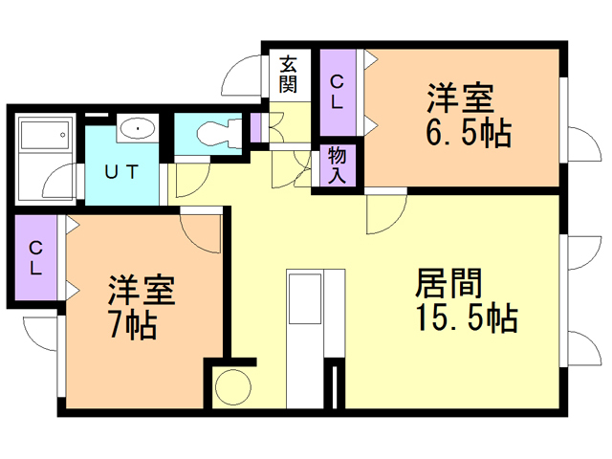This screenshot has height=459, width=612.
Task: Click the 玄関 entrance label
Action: click(x=289, y=75)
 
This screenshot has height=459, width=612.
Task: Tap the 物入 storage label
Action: click(x=338, y=164)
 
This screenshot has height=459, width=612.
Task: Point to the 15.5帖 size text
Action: click(x=467, y=317)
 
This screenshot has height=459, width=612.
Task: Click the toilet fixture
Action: click(x=215, y=132)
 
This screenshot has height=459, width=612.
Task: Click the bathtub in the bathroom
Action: click(x=46, y=140)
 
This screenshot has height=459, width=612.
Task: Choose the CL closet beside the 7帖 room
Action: click(x=34, y=258)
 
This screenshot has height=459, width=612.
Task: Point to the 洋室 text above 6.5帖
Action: click(x=460, y=99)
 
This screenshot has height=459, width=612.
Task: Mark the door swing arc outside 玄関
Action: click(x=242, y=74)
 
